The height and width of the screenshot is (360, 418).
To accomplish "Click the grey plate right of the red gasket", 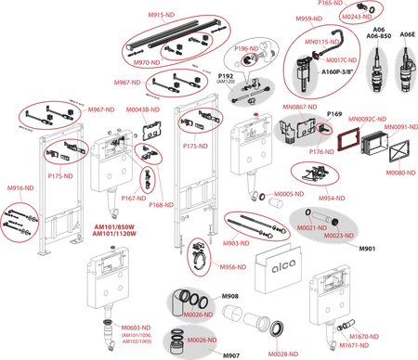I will coord(373,144).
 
